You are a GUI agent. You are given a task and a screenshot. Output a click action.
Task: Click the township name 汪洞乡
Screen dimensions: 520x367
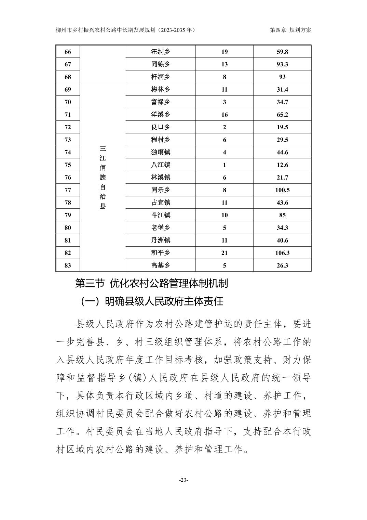click(160, 52)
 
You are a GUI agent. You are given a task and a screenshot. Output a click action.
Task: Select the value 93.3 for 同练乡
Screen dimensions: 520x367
click(282, 64)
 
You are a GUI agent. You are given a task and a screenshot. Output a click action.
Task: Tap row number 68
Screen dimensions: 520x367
click(68, 77)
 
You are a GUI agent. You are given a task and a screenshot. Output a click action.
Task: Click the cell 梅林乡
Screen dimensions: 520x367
click(160, 90)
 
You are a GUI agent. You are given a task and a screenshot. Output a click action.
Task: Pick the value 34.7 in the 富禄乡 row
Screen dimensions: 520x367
click(282, 102)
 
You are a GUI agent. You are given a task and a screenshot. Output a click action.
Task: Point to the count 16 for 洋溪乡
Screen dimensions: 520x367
click(224, 115)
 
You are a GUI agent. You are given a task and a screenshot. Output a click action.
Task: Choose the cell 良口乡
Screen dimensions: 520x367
click(160, 127)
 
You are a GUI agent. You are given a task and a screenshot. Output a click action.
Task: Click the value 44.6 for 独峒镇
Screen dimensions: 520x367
click(282, 152)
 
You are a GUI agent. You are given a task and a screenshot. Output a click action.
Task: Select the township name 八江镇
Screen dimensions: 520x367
click(160, 165)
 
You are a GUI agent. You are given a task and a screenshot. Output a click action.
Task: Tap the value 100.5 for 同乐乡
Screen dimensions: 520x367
click(282, 190)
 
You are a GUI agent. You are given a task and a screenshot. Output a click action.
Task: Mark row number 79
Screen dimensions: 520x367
click(68, 215)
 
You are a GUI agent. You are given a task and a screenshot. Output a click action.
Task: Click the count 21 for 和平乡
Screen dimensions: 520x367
click(224, 253)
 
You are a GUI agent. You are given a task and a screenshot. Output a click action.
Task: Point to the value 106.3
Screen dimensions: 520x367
click(282, 253)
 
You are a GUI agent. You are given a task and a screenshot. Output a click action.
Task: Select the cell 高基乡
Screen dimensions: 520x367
click(160, 265)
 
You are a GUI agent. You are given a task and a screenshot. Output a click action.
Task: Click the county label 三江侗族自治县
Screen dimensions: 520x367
click(103, 177)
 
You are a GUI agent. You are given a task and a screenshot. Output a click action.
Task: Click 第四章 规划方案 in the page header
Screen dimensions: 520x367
click(290, 30)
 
